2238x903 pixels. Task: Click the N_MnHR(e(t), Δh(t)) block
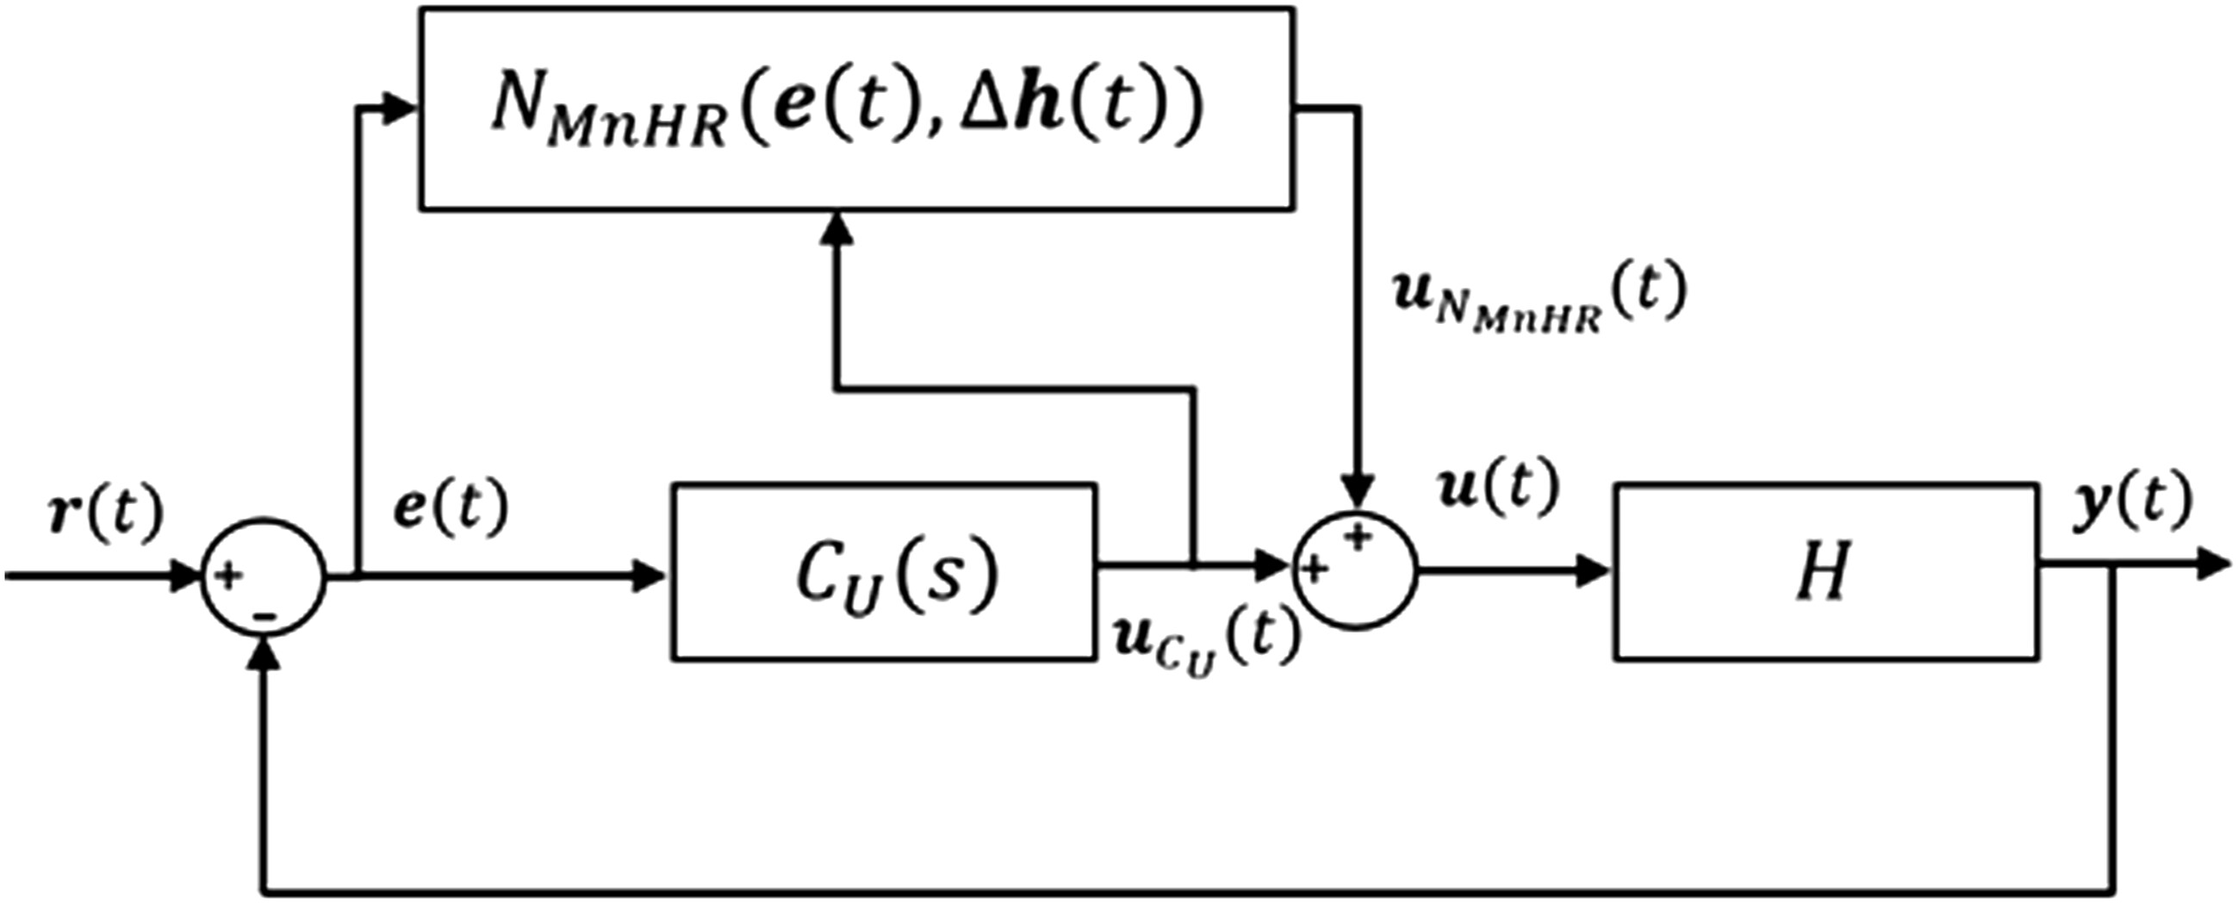(855, 109)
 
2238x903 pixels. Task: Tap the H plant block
(1825, 572)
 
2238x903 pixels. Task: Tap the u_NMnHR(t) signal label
(1538, 296)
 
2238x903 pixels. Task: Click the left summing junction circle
(264, 577)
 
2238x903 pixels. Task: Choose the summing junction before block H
(1355, 570)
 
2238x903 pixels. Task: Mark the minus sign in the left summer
(265, 615)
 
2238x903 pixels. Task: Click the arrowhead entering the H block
(1597, 570)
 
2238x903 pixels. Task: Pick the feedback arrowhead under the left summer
(265, 657)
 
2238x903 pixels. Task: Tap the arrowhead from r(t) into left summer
(188, 576)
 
